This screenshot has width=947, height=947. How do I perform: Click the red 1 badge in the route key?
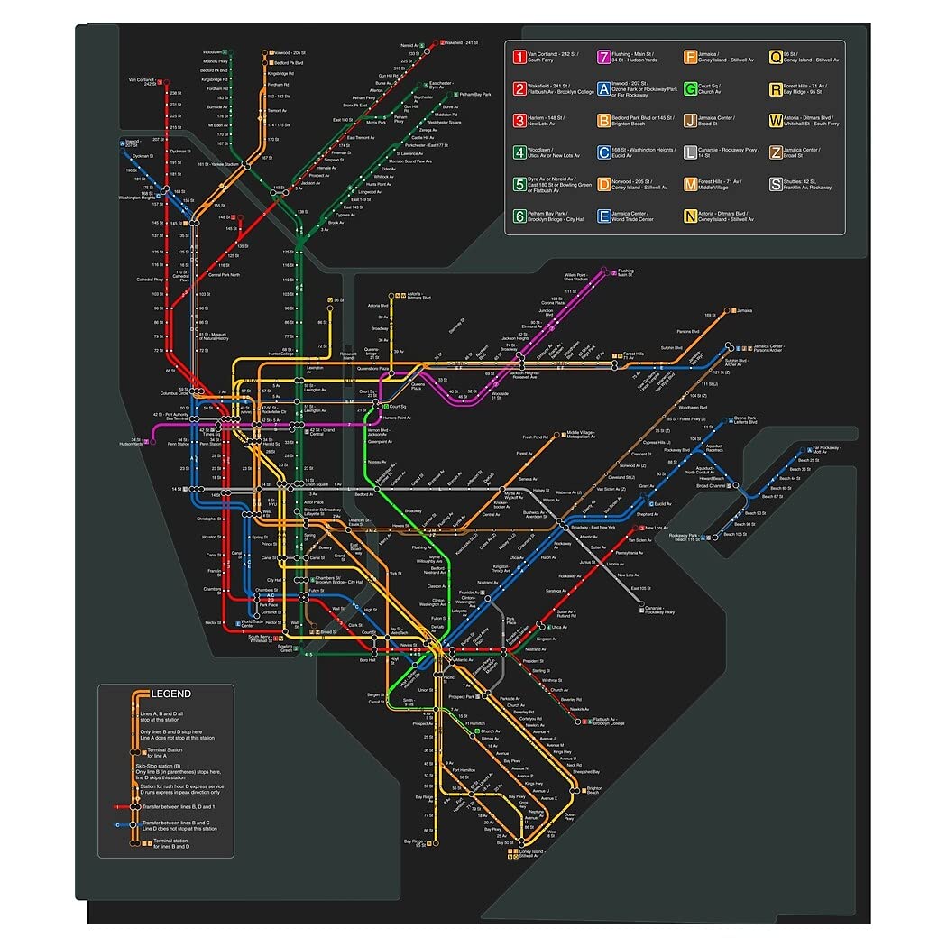tap(519, 58)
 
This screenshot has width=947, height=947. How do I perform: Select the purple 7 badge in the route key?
tap(604, 58)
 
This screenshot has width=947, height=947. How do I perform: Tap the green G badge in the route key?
tap(690, 88)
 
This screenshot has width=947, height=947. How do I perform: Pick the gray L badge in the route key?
tap(690, 152)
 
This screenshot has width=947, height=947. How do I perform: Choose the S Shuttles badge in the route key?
tap(776, 184)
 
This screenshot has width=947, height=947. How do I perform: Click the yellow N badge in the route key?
tap(690, 216)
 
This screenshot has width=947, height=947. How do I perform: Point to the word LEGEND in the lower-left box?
tap(170, 694)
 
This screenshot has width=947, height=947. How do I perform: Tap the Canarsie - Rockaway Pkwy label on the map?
tap(667, 611)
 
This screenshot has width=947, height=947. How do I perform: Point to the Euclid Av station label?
tap(662, 504)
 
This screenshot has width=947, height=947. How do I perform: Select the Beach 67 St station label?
tap(772, 497)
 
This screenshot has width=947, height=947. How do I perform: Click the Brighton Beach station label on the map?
tap(594, 791)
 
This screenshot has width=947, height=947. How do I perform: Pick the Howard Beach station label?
tap(712, 478)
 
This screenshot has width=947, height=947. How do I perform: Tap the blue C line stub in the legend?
tap(119, 824)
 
